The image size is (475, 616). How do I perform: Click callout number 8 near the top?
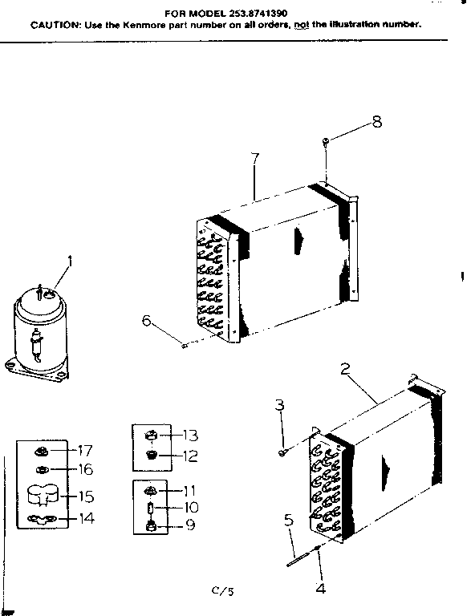coord(376,122)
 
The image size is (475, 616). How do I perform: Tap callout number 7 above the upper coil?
coord(254,158)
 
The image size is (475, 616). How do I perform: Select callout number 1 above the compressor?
coord(70,260)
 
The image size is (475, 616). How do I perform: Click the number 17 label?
coord(85,449)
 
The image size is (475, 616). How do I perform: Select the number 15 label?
coord(85,496)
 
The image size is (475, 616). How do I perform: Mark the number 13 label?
coord(189,436)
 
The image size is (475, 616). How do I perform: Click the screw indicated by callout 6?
coord(184,346)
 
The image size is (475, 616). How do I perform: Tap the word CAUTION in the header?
coord(54,25)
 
